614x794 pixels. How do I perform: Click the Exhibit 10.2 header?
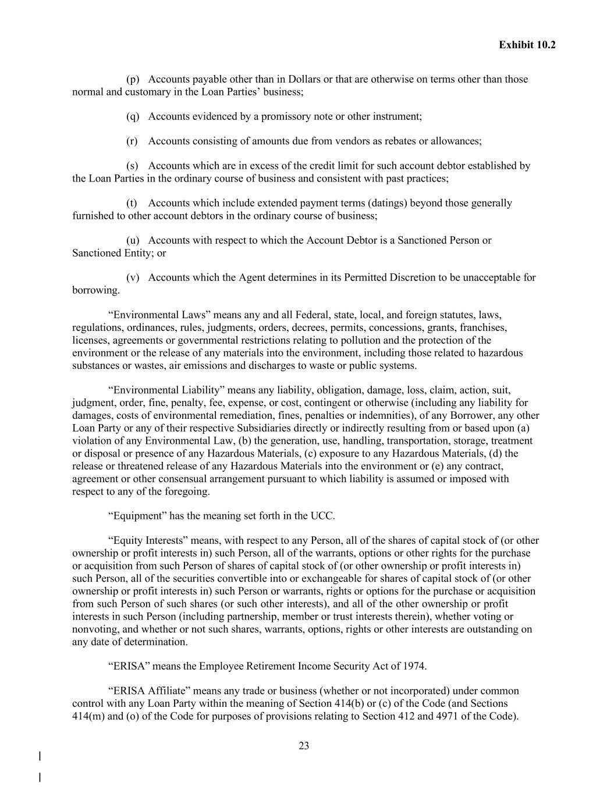tap(527, 45)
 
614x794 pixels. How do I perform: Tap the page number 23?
tap(304, 746)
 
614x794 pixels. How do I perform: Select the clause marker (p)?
tap(133, 79)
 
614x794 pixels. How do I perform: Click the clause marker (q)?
tap(133, 116)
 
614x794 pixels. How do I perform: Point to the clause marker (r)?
tap(132, 141)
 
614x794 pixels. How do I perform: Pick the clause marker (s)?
tap(132, 166)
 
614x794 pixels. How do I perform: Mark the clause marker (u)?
tap(133, 240)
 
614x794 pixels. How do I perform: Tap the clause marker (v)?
tap(133, 277)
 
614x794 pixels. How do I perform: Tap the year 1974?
tap(415, 666)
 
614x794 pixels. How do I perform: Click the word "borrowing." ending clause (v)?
tap(96, 290)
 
